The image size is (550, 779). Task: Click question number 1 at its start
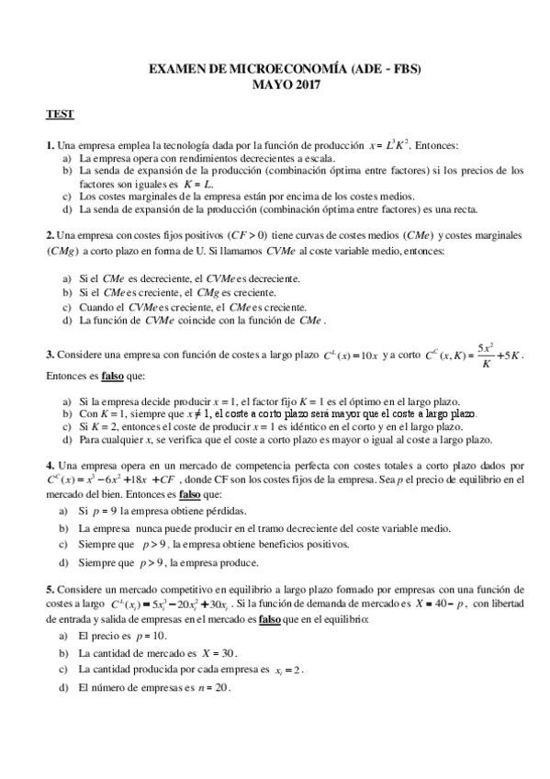(50, 145)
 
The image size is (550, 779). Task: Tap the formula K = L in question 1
(198, 183)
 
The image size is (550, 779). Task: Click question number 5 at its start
(50, 588)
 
